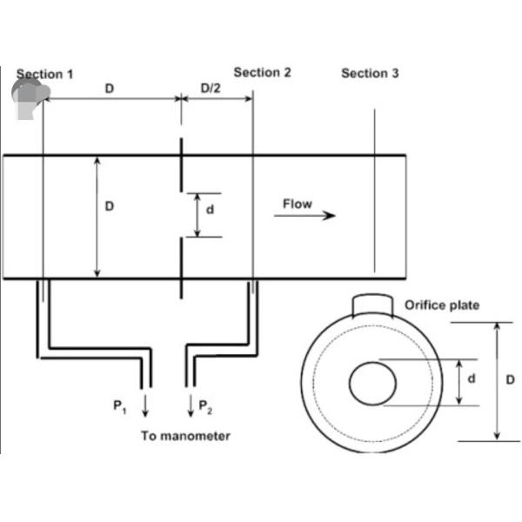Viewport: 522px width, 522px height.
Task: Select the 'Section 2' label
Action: (263, 72)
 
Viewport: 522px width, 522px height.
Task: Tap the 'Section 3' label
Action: (370, 73)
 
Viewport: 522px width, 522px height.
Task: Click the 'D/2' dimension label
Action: (211, 88)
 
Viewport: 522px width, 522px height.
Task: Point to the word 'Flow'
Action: (297, 204)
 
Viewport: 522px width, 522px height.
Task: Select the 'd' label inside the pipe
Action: (210, 210)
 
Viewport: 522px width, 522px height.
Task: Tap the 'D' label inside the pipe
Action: (110, 206)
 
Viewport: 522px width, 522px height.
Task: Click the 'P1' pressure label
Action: (119, 405)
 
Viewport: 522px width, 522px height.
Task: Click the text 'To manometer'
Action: (185, 436)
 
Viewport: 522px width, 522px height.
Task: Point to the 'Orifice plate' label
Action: (442, 305)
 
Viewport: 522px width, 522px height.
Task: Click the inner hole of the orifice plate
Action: (373, 383)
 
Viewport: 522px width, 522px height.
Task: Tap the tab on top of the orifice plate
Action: (373, 304)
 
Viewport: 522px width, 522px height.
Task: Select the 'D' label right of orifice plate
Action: (510, 380)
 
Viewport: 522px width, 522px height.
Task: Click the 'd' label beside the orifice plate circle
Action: (472, 379)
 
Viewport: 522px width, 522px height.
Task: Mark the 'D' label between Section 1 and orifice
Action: (109, 88)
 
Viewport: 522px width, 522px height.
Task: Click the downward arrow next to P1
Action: (144, 405)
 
